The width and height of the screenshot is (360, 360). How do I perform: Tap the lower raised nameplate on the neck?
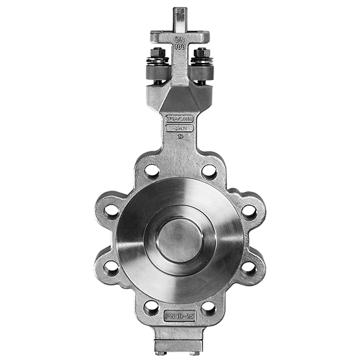(180, 129)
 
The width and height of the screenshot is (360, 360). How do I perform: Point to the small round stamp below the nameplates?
(180, 139)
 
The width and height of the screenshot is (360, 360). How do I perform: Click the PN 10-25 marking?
(180, 316)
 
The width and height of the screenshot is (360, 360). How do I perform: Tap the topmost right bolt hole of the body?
(210, 172)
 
